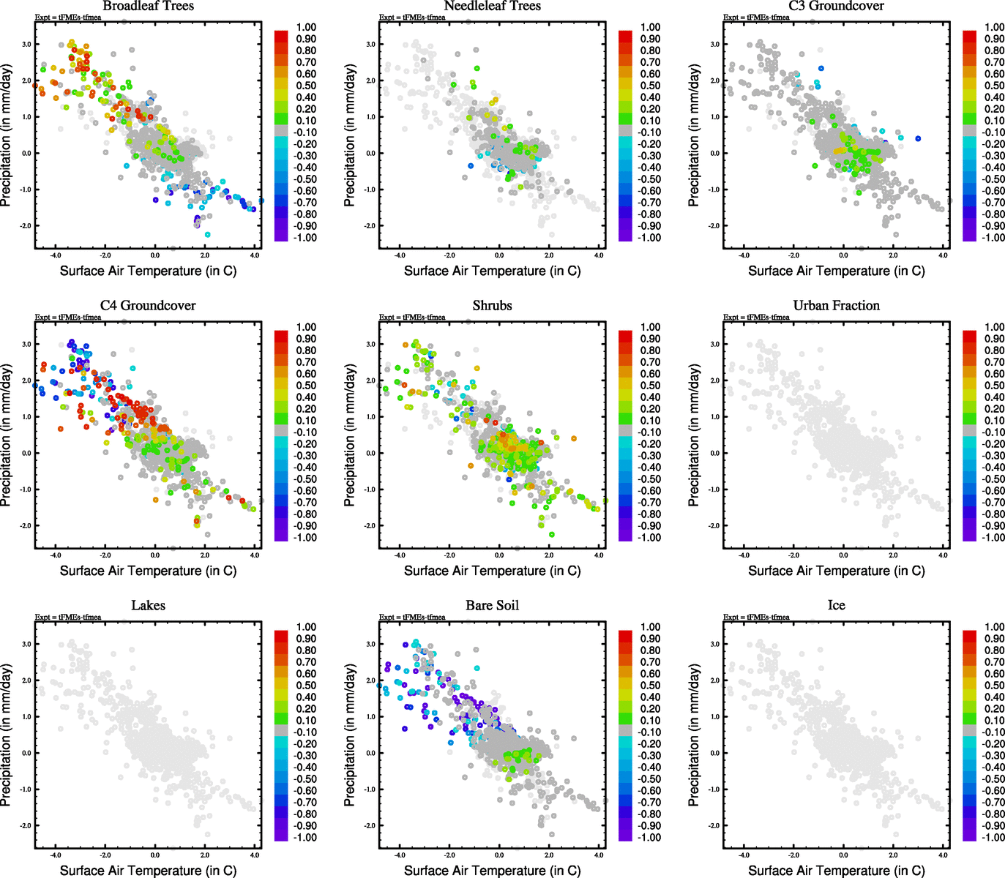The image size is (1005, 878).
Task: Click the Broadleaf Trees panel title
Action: coord(148,7)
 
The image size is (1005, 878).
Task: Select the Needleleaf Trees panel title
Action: coord(492,7)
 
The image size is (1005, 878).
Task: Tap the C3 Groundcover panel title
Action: coord(836,7)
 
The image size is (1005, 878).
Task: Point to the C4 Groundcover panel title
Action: coord(148,306)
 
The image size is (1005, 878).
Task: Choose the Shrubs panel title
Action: coord(492,306)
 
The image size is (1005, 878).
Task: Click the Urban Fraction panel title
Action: coord(836,306)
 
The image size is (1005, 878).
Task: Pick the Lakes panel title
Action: coord(148,606)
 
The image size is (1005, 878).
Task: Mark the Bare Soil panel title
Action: coord(492,606)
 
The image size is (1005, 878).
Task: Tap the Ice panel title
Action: coord(836,606)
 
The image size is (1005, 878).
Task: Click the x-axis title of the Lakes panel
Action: coord(148,871)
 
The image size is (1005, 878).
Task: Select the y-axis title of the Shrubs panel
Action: coord(350,435)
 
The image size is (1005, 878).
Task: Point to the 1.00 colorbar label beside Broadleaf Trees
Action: coord(306,27)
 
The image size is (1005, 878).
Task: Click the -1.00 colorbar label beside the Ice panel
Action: coord(994,837)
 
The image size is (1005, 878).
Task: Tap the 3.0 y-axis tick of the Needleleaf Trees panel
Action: coord(371,45)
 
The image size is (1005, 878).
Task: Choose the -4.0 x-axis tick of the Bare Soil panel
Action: coord(400,855)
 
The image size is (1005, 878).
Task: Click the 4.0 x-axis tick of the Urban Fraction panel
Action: coord(943,555)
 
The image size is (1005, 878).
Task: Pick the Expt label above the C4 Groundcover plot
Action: coord(68,318)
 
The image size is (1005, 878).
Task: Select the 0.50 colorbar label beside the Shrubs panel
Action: coord(650,386)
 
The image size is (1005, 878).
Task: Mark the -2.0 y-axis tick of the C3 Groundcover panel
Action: coord(714,225)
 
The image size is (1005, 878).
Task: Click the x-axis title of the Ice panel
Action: coord(836,871)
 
